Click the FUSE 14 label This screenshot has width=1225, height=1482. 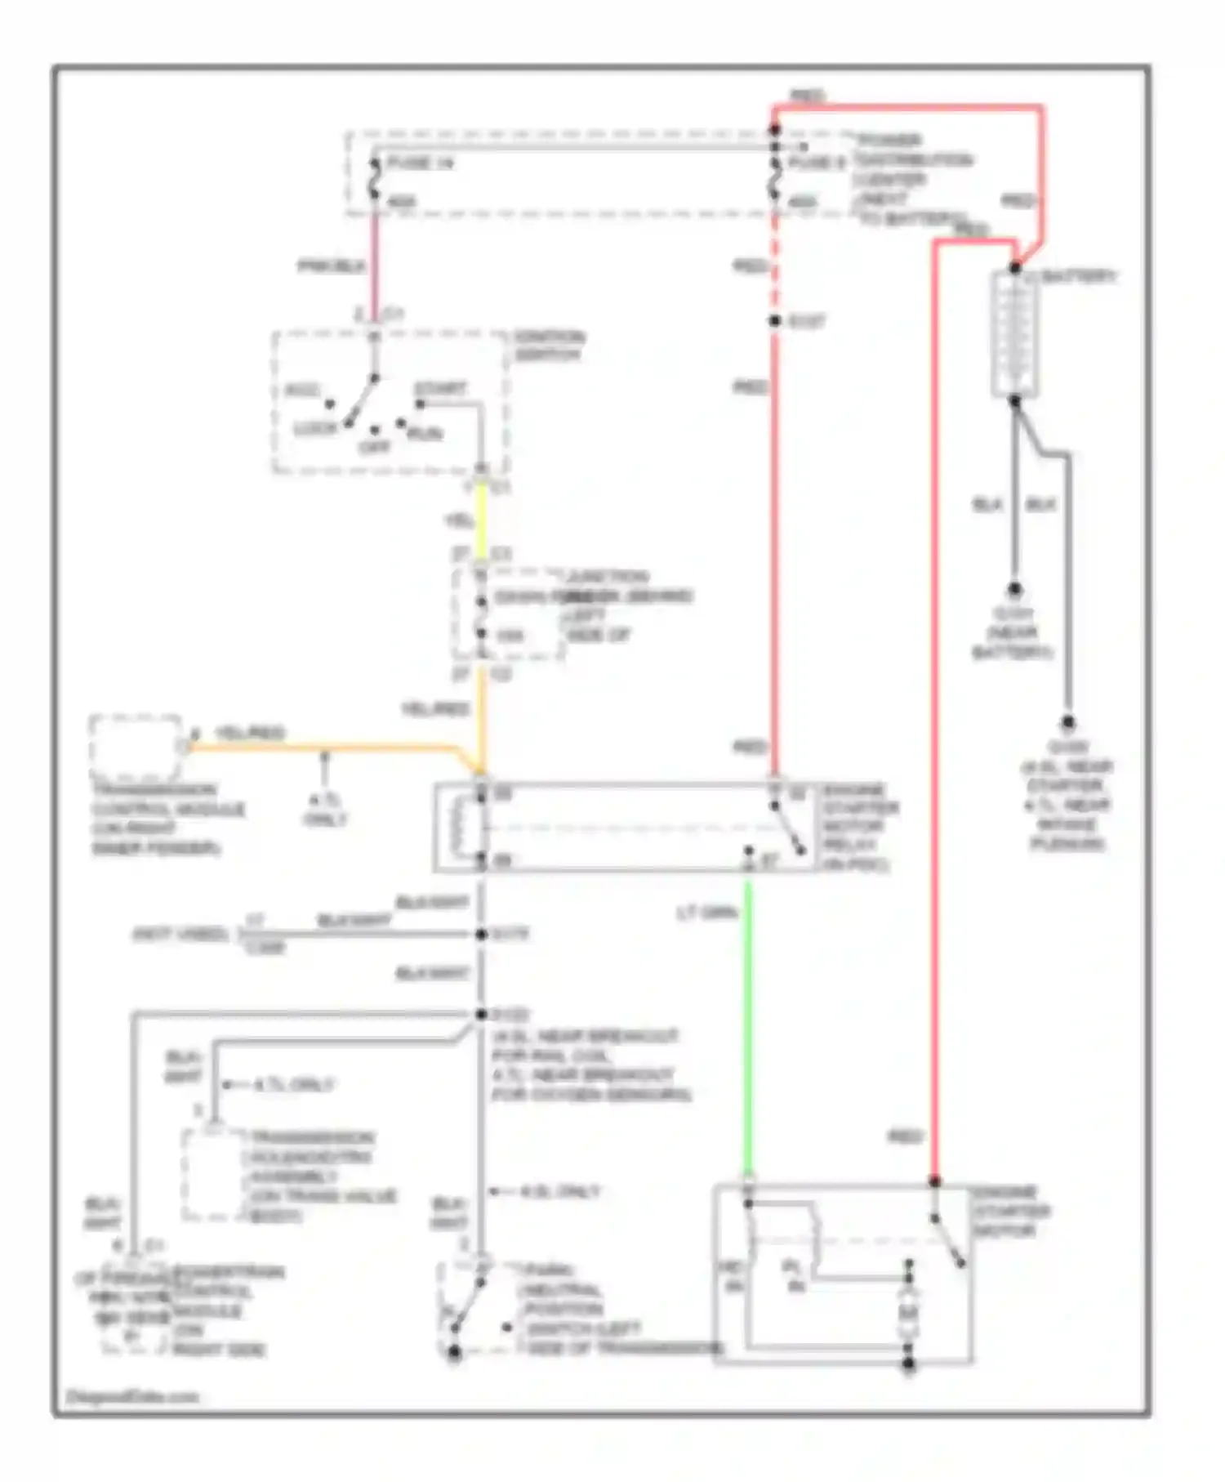(420, 163)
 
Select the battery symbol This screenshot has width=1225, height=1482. (1015, 334)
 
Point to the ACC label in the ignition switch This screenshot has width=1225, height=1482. (301, 391)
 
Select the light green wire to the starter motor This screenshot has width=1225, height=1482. (747, 1029)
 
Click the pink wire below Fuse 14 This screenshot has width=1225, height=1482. (376, 261)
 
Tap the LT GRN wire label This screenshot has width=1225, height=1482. (707, 913)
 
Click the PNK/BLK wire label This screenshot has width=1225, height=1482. (331, 266)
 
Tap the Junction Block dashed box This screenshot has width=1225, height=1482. (508, 614)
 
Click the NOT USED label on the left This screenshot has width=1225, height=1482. (180, 934)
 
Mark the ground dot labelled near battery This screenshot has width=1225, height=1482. (1014, 589)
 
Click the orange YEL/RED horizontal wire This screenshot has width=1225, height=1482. (327, 747)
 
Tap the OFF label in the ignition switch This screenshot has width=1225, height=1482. (375, 447)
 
